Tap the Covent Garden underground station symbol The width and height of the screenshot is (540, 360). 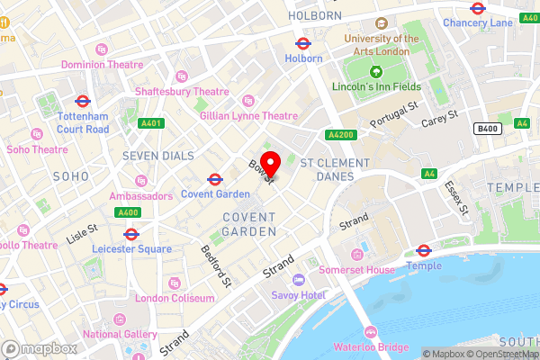(x=215, y=179)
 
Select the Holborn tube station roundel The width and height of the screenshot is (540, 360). (x=303, y=43)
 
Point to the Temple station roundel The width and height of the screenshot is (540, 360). (x=423, y=250)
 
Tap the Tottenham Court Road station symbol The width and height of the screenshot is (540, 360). (x=82, y=102)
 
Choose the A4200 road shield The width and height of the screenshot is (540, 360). (x=339, y=134)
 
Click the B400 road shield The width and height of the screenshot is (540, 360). (x=487, y=130)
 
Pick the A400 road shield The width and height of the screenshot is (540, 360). (x=127, y=212)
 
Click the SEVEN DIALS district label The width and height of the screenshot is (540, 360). (x=158, y=156)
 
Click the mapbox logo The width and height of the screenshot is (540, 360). (x=38, y=347)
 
